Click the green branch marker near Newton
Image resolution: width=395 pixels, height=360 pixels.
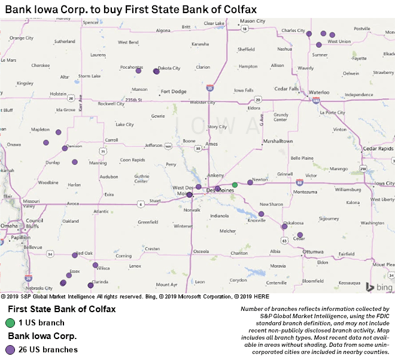(235, 185)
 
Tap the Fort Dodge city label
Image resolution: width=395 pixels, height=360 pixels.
(174, 91)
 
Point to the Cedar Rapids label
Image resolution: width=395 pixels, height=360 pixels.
(377, 148)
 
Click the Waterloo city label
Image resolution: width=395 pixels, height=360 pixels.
(318, 93)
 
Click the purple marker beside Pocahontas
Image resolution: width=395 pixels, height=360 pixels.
(139, 71)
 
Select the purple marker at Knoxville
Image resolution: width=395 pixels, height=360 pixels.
(262, 213)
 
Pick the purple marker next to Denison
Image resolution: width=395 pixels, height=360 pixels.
(65, 148)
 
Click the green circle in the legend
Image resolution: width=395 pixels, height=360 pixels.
(10, 323)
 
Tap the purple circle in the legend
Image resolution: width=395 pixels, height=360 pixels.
(10, 350)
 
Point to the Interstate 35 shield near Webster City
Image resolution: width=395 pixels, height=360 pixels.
(209, 88)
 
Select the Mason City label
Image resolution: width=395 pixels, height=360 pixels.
(252, 22)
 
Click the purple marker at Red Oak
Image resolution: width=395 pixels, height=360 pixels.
(75, 255)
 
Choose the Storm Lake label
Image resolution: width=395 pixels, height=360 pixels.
(89, 76)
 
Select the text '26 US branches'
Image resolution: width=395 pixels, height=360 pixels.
(48, 350)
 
